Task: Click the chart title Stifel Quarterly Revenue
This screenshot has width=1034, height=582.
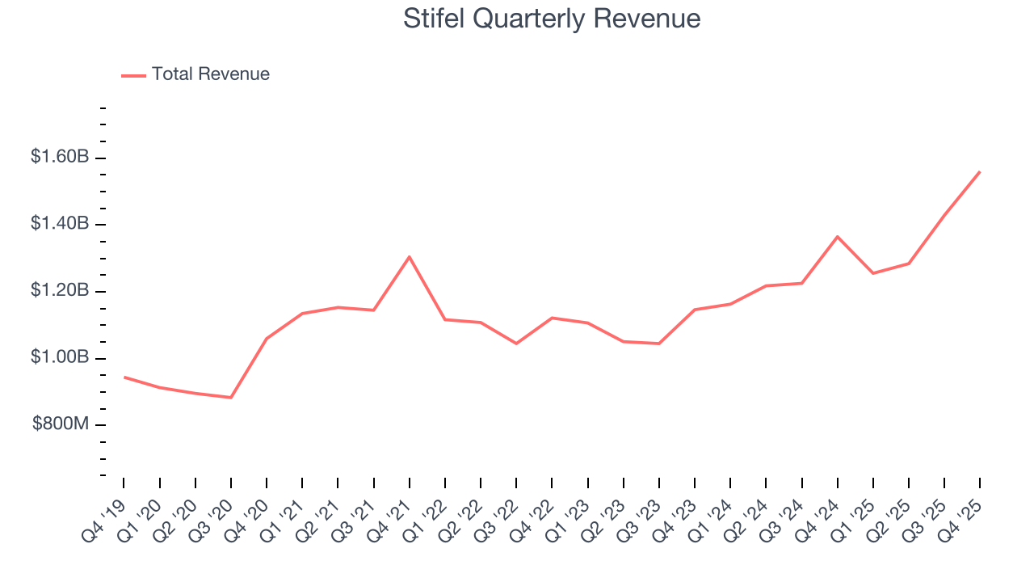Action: [x=552, y=19]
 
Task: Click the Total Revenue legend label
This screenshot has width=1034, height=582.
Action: [x=210, y=74]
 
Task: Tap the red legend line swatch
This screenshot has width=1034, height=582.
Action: [x=133, y=75]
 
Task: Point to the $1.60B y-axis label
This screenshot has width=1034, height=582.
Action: [x=60, y=157]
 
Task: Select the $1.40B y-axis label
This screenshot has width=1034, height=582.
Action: [x=60, y=223]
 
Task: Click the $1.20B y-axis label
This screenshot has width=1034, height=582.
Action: [x=60, y=290]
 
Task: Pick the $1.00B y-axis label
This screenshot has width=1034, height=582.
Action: [x=60, y=357]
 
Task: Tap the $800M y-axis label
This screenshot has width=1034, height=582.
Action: [x=61, y=424]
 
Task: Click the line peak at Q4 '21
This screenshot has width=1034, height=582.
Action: [x=410, y=257]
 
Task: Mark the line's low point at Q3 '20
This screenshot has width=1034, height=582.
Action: [x=231, y=398]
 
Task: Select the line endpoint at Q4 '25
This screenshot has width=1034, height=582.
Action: [x=980, y=171]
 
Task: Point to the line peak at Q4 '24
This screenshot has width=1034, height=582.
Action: [x=838, y=237]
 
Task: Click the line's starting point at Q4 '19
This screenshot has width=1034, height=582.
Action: [x=124, y=377]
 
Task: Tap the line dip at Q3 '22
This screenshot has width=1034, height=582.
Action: [x=516, y=344]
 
